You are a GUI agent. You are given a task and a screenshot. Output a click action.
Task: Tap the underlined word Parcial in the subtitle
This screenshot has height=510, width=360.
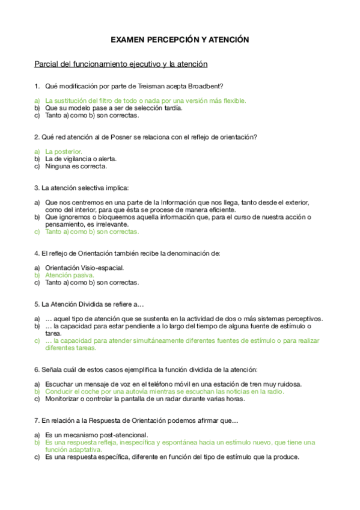[46, 64]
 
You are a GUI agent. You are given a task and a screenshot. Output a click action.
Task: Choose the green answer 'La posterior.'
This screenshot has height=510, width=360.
[64, 152]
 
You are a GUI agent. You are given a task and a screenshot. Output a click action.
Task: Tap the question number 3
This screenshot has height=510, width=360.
[37, 188]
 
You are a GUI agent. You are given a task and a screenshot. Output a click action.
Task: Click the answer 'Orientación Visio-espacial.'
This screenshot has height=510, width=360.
[84, 268]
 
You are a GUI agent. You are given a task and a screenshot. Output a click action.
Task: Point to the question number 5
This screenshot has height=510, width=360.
[37, 304]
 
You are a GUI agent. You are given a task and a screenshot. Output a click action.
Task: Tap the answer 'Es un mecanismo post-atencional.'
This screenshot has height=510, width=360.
[96, 435]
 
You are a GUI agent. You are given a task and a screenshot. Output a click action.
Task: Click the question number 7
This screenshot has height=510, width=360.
[37, 420]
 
